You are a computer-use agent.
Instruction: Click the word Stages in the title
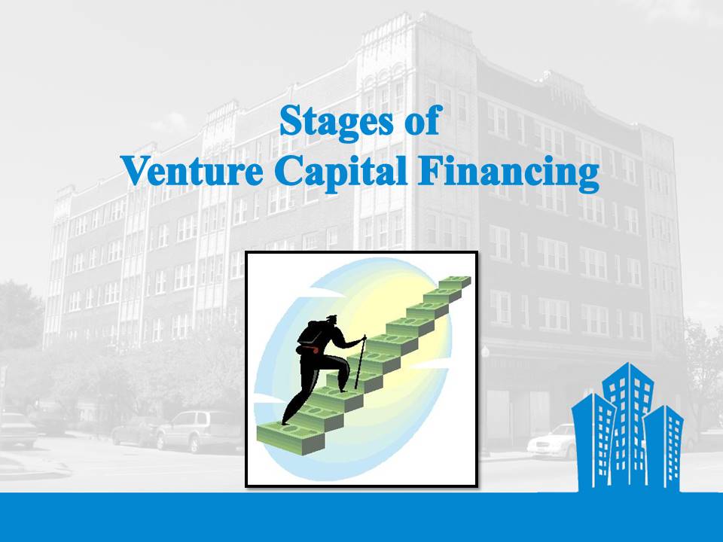[x=337, y=122]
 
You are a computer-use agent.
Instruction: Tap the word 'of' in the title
[x=423, y=120]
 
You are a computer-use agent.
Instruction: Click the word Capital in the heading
[x=340, y=173]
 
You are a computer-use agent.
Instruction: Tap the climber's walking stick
[x=360, y=361]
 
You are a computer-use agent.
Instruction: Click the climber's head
[x=333, y=320]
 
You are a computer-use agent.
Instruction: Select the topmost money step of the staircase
[x=454, y=282]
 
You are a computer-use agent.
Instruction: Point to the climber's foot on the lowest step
[x=286, y=421]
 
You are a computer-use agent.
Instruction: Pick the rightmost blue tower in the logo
[x=664, y=447]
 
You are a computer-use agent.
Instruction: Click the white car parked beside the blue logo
[x=551, y=443]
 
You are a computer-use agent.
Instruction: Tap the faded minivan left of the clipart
[x=199, y=431]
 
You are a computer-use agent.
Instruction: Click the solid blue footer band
[x=361, y=517]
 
